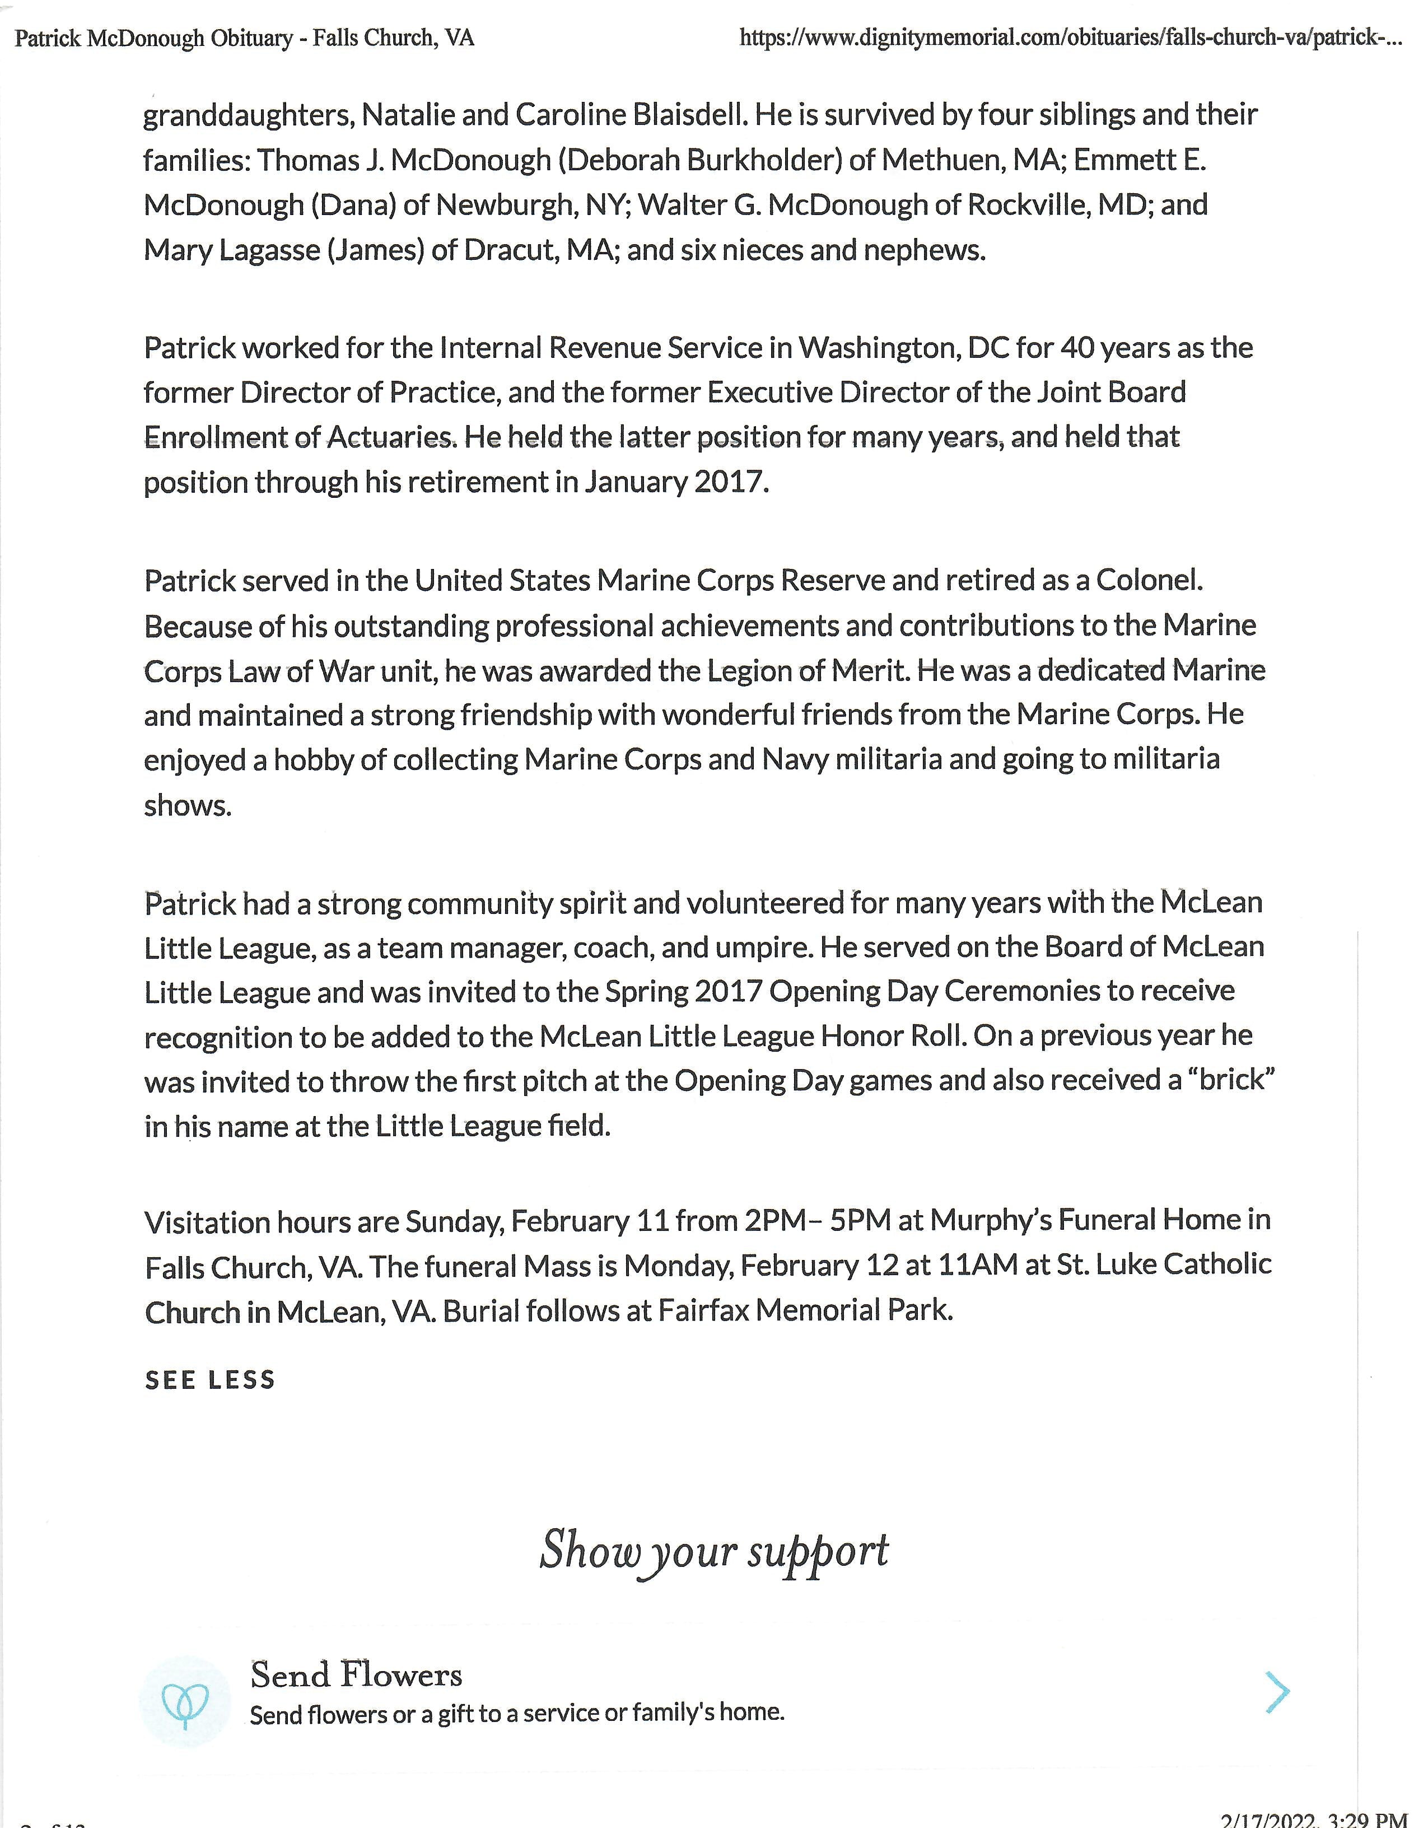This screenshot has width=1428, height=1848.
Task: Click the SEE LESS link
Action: (x=210, y=1380)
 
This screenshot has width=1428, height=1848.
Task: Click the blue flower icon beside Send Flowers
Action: (x=185, y=1702)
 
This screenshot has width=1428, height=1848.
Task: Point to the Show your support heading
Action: (x=714, y=1551)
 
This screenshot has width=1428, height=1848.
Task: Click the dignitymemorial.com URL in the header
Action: (x=1070, y=38)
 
